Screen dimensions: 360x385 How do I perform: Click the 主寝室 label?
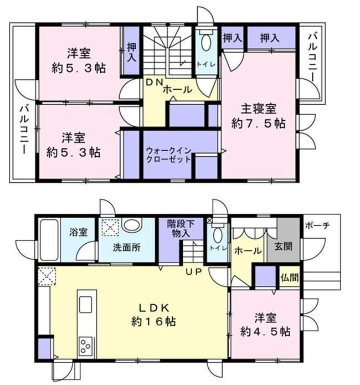point(258,109)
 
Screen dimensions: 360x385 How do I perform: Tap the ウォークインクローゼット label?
point(168,155)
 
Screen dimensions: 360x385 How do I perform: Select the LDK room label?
point(154,307)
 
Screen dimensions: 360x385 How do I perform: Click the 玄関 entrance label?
point(284,246)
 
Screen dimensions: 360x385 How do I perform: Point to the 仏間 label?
point(290,278)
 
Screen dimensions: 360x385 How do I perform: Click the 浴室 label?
point(78,232)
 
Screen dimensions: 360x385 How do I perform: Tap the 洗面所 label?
point(127,248)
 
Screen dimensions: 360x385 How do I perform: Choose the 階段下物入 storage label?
point(181,228)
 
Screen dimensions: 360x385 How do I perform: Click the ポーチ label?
point(317,225)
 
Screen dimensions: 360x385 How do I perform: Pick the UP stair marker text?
point(194,271)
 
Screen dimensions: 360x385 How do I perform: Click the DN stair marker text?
point(155,83)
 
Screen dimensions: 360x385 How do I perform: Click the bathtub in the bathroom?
point(49,240)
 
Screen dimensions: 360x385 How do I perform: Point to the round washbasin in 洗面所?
point(132,225)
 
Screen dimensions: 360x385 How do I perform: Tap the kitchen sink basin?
point(85,305)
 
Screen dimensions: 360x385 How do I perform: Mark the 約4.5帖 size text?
point(265,332)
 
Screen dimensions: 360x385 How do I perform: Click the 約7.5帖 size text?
point(258,124)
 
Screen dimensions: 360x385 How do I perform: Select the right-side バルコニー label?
point(312,58)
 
